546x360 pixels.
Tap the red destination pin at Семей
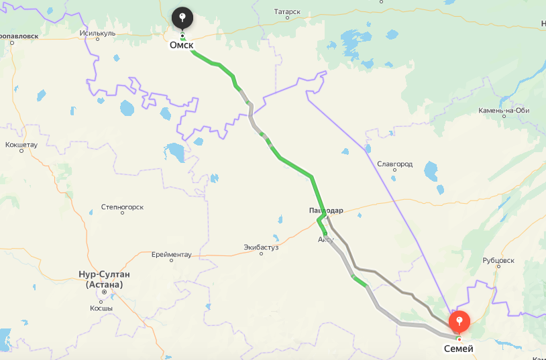pos(459,322)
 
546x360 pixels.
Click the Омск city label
pos(181,46)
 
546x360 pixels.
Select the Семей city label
pos(459,349)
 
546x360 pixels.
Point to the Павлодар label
pos(326,211)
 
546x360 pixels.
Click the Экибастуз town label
pos(261,247)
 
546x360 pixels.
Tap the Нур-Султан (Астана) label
pos(103,279)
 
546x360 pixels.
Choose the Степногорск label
pos(122,207)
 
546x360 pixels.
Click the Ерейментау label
pos(171,254)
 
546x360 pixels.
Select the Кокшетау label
pos(21,144)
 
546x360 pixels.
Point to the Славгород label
pos(394,164)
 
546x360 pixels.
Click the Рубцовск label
pos(498,260)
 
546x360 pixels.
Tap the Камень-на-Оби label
pos(504,110)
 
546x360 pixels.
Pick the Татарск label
pos(288,12)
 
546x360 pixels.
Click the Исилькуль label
pos(97,32)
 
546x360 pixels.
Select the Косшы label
pos(101,308)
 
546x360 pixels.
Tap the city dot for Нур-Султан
pos(104,292)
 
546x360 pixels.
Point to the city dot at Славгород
pos(394,170)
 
